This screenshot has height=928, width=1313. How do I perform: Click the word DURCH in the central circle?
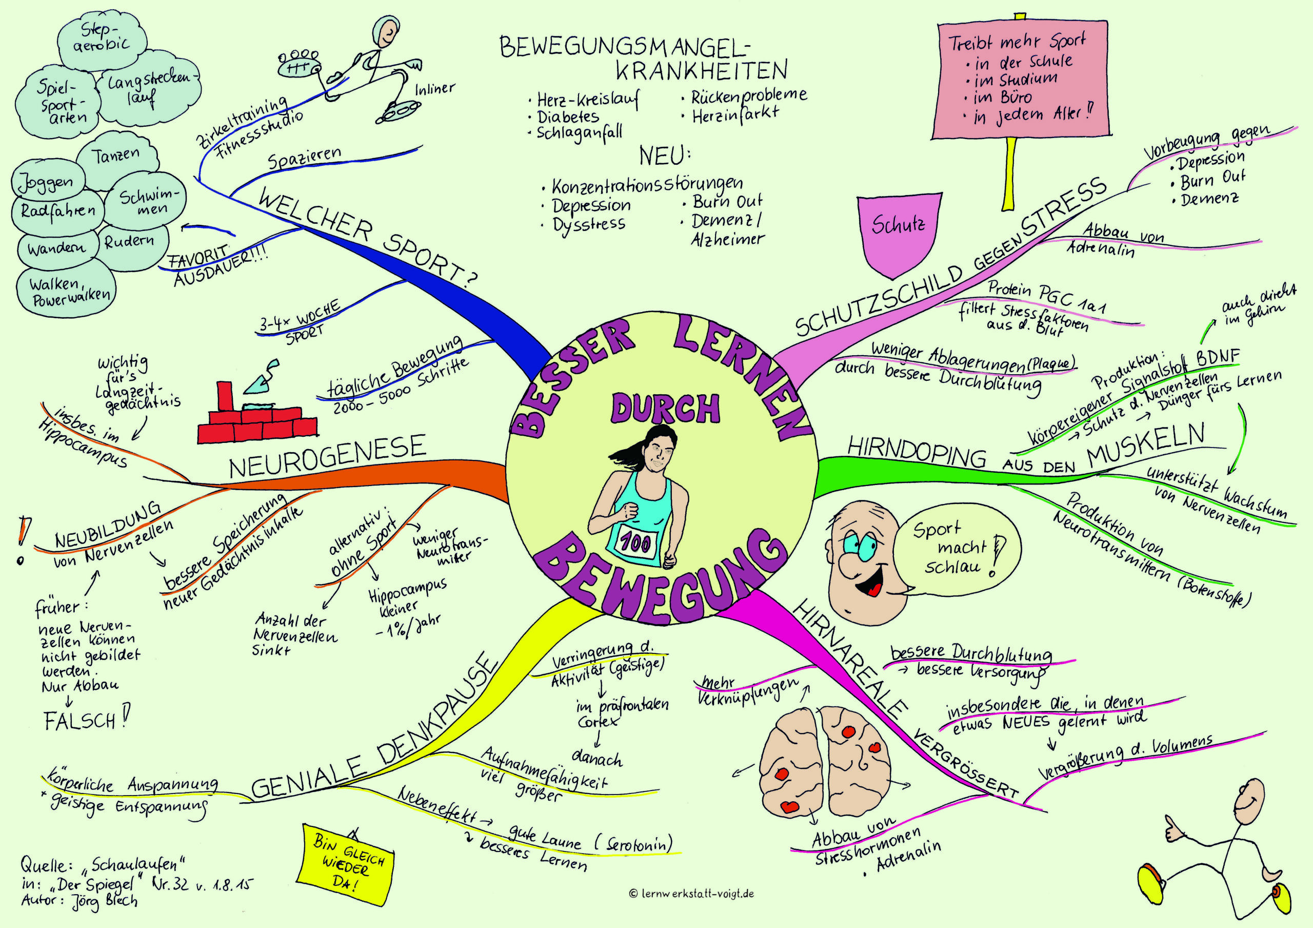click(665, 410)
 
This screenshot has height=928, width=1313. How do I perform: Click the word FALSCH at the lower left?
click(80, 720)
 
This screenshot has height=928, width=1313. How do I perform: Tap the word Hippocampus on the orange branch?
click(84, 444)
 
